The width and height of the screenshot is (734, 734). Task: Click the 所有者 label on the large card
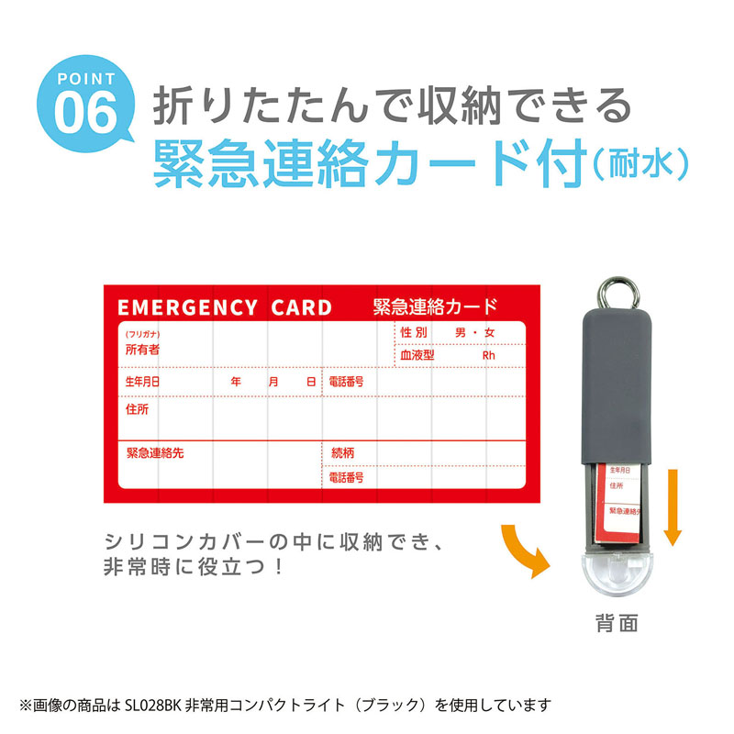142,350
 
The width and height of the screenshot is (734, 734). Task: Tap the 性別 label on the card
415,332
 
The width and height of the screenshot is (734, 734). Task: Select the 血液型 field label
417,355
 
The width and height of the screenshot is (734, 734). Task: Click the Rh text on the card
488,355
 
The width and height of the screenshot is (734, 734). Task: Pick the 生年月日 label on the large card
142,381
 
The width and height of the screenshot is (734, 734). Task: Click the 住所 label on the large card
137,409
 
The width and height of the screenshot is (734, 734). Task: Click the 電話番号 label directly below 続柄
346,478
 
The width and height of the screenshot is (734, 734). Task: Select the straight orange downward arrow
673,506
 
